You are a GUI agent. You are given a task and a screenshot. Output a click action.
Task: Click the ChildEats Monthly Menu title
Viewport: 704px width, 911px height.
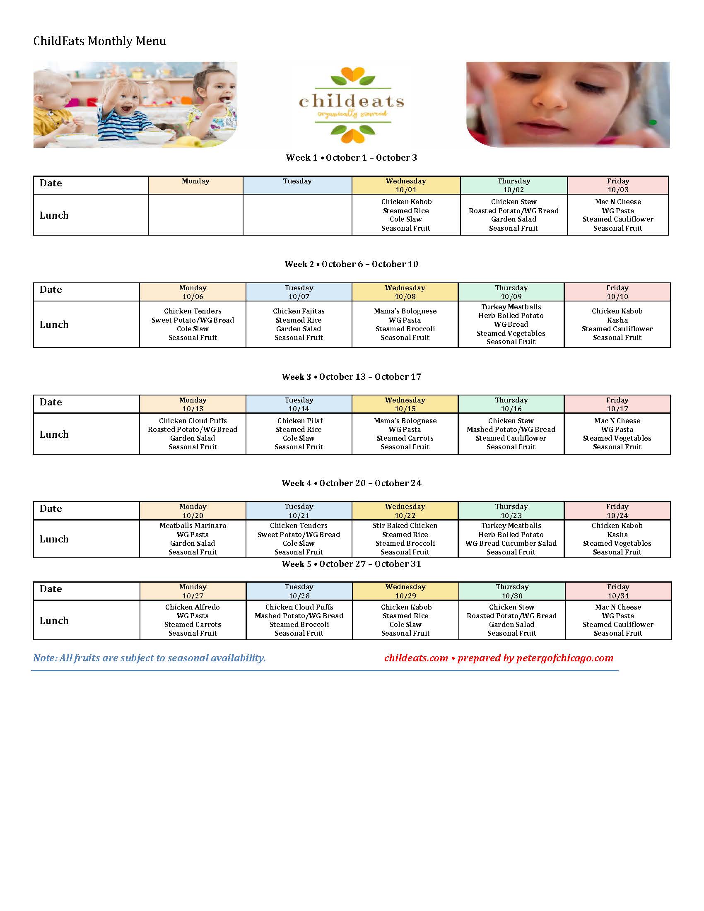tap(100, 41)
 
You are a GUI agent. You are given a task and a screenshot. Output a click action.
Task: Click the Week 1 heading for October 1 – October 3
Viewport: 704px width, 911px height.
tap(351, 158)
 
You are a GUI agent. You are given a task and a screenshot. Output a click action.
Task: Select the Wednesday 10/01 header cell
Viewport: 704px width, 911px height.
tap(406, 185)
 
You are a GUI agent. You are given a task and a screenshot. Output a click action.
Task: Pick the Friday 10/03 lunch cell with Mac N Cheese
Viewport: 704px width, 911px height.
tap(618, 215)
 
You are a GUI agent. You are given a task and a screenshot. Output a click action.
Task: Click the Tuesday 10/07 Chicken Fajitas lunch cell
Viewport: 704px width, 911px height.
tap(299, 324)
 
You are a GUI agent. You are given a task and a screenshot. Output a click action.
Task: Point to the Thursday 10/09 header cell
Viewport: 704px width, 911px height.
tap(511, 292)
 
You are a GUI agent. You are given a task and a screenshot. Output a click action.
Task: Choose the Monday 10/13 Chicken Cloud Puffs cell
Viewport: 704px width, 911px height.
tap(193, 434)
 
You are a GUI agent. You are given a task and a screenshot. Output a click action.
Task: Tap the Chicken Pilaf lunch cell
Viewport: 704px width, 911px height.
tap(299, 434)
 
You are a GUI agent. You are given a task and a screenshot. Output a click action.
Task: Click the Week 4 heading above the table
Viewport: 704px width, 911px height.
tap(351, 483)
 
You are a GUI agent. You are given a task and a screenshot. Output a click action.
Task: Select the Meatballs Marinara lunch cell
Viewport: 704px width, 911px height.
tap(193, 538)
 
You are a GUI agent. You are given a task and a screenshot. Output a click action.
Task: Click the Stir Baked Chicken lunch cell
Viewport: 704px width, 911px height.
tap(405, 538)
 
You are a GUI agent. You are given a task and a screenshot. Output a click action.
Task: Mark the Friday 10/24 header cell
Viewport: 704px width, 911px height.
tap(617, 511)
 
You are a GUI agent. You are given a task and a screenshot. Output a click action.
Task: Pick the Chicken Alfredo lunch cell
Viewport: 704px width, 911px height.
tap(193, 620)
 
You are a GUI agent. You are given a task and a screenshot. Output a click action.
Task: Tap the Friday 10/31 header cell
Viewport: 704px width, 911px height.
tap(618, 591)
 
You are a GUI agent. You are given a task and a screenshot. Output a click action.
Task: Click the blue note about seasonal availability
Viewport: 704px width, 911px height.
tap(149, 658)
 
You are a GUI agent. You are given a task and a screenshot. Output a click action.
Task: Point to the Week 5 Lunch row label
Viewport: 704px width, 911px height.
tap(54, 620)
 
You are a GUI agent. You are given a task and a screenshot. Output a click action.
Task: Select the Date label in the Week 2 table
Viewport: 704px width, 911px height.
tap(51, 289)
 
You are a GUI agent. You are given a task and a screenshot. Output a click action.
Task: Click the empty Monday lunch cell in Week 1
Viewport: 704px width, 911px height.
tap(195, 215)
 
